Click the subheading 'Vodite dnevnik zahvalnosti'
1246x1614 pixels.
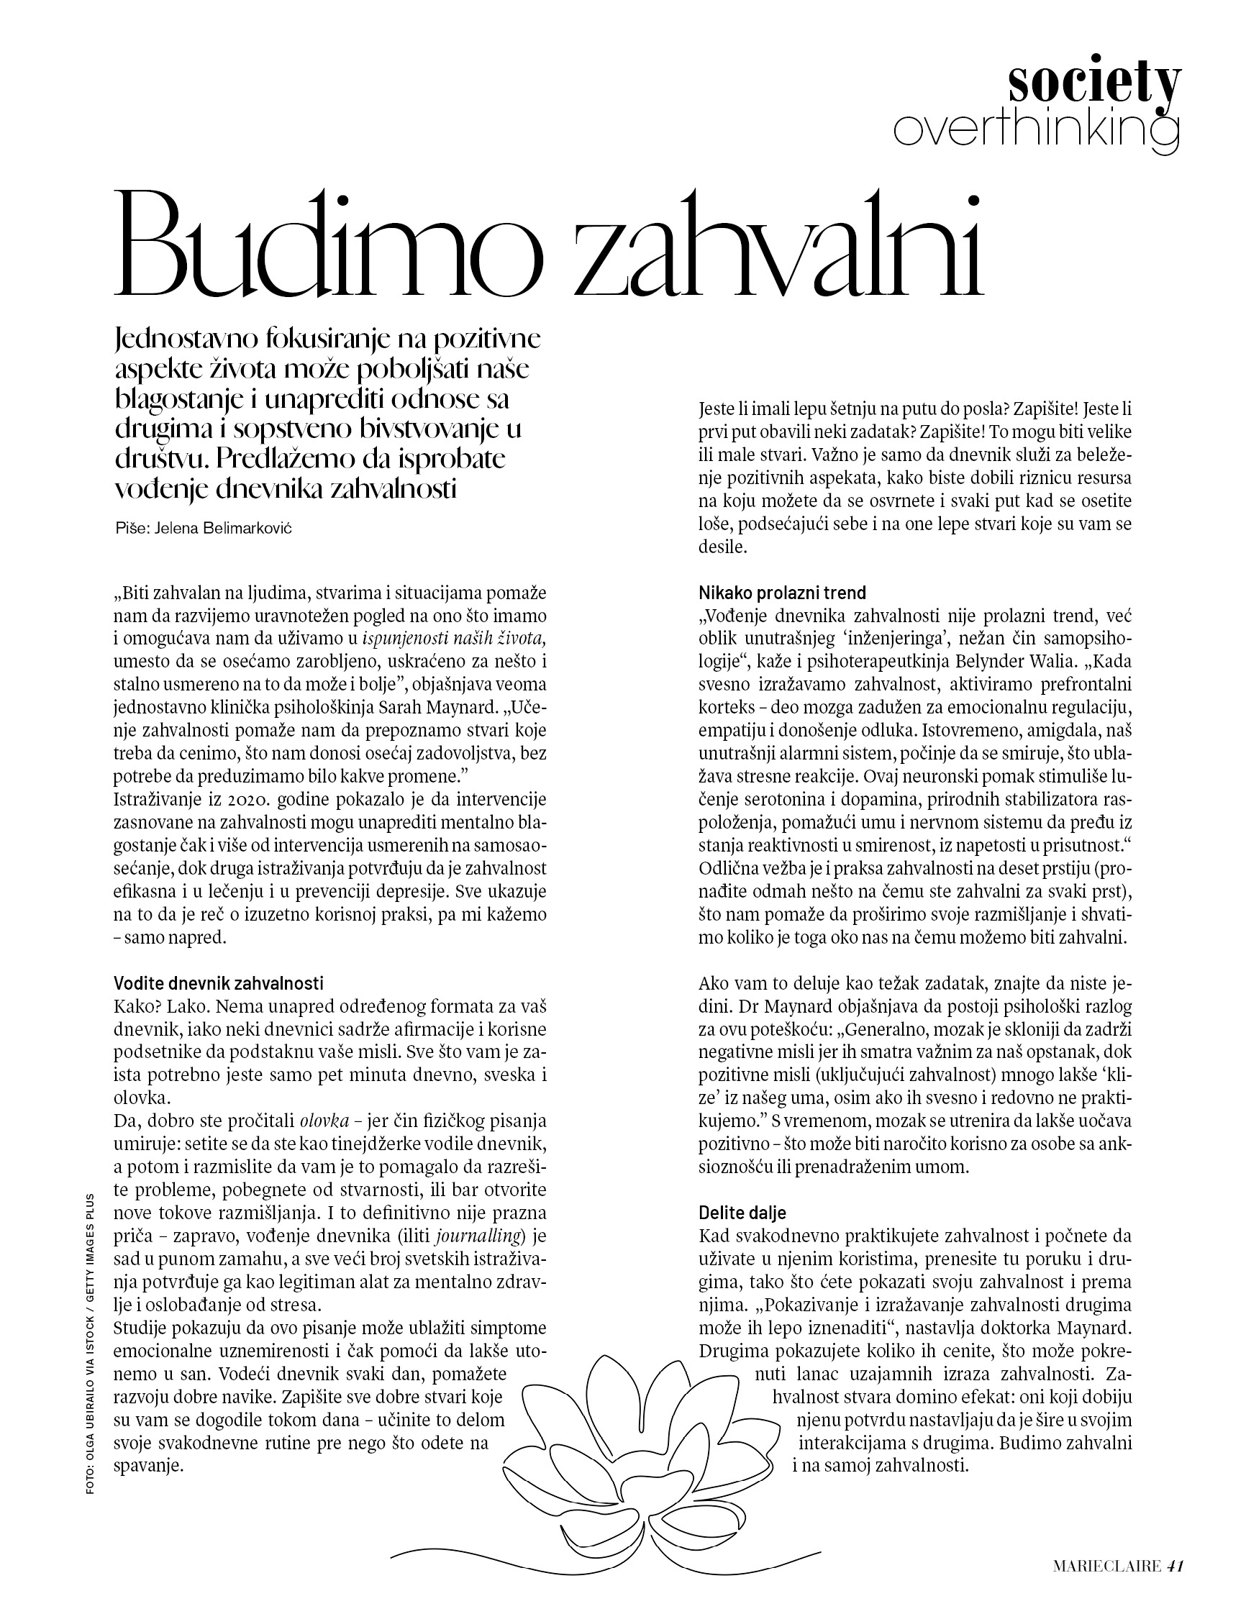coord(219,983)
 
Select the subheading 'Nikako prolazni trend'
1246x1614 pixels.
coord(782,592)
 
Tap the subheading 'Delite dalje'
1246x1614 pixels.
coord(742,1213)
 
